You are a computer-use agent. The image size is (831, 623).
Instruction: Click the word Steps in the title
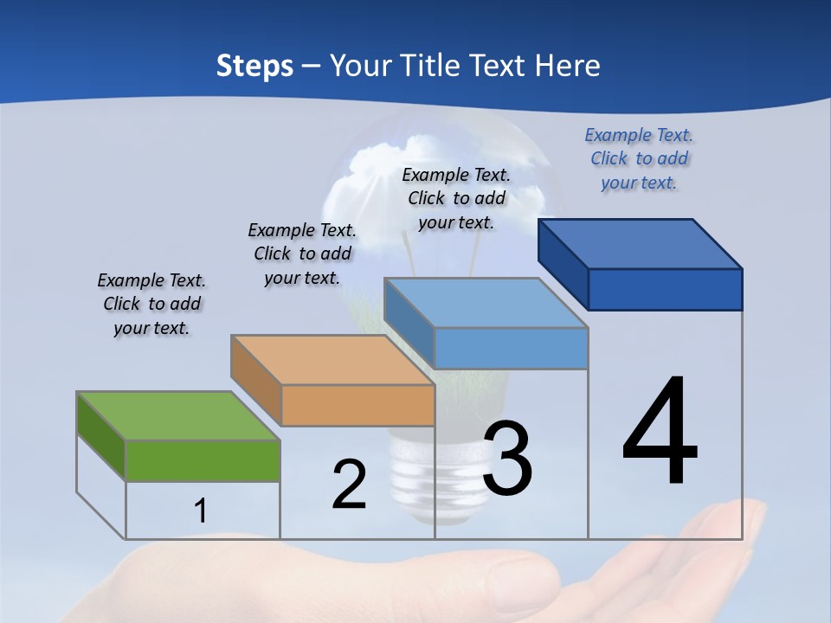(x=254, y=66)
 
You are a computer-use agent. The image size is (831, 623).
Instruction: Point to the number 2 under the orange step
(x=349, y=485)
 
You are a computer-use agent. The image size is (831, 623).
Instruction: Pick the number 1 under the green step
(x=201, y=511)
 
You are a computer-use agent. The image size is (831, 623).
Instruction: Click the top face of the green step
(x=177, y=416)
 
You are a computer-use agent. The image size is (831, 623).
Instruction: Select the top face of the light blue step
(x=485, y=303)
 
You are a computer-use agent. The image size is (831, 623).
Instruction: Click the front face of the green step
(x=203, y=460)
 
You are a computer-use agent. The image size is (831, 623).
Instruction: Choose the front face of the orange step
(x=358, y=405)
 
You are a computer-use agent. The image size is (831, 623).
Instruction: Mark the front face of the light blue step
(x=511, y=348)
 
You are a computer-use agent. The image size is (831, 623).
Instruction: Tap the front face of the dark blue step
(x=665, y=289)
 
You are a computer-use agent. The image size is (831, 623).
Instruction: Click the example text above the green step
(x=151, y=305)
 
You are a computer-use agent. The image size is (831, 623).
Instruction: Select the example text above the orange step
(x=302, y=254)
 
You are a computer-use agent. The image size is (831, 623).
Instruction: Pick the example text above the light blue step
(x=456, y=198)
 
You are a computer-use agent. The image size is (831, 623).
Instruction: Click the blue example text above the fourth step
(x=639, y=158)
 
